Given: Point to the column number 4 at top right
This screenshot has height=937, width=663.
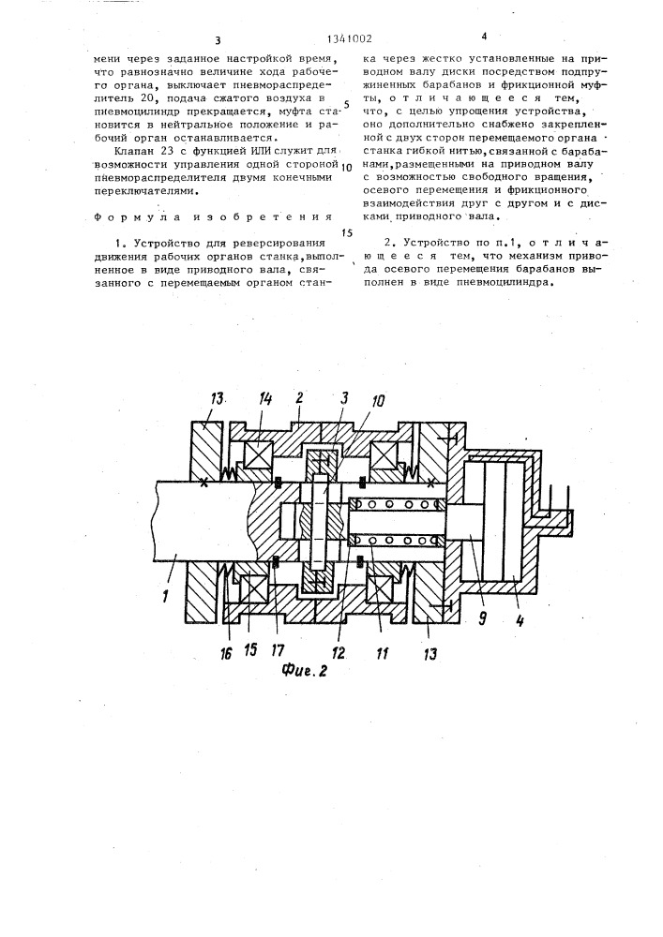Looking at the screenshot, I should pos(484,37).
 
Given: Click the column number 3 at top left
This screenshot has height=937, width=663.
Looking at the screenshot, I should pos(217,40).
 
